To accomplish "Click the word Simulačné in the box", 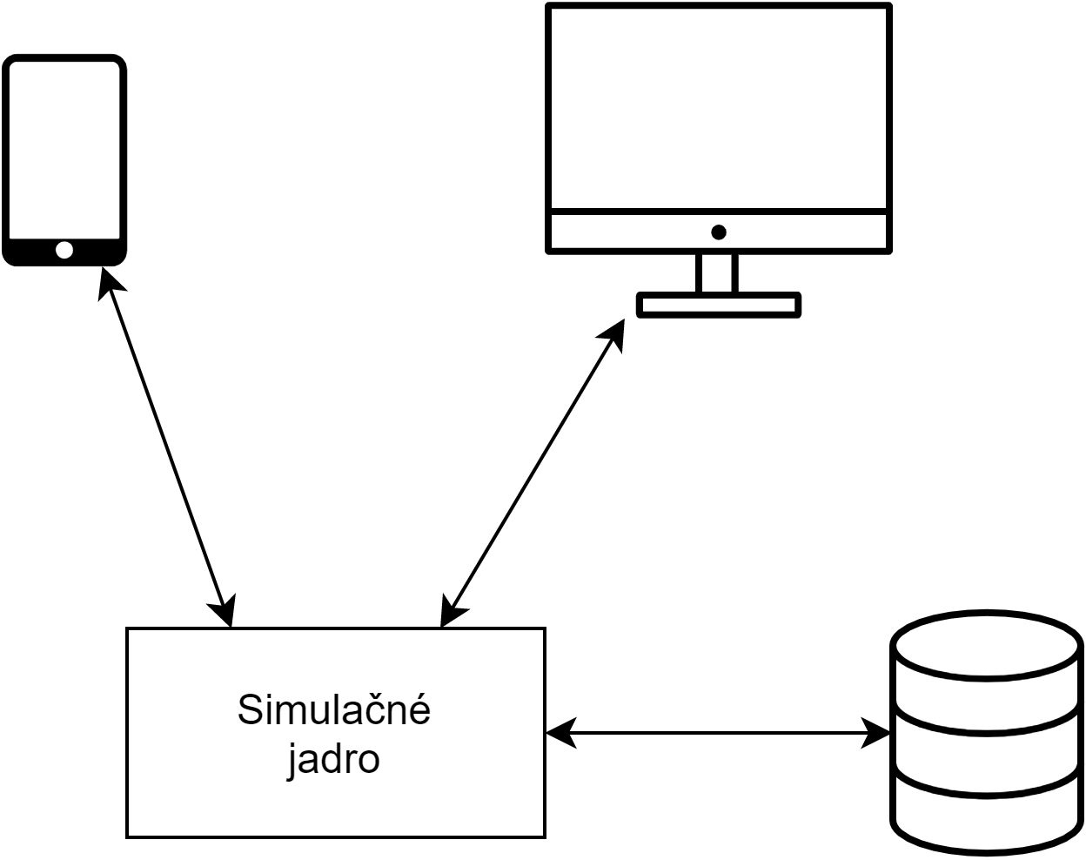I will [x=334, y=710].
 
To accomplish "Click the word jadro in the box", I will [x=334, y=759].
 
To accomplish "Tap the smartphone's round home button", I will [x=64, y=251].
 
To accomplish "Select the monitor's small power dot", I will [x=719, y=232].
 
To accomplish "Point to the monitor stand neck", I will [x=718, y=273].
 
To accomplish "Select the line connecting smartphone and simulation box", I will [x=165, y=444].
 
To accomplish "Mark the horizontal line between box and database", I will [x=718, y=733].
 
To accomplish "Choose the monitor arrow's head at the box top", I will [x=450, y=612].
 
